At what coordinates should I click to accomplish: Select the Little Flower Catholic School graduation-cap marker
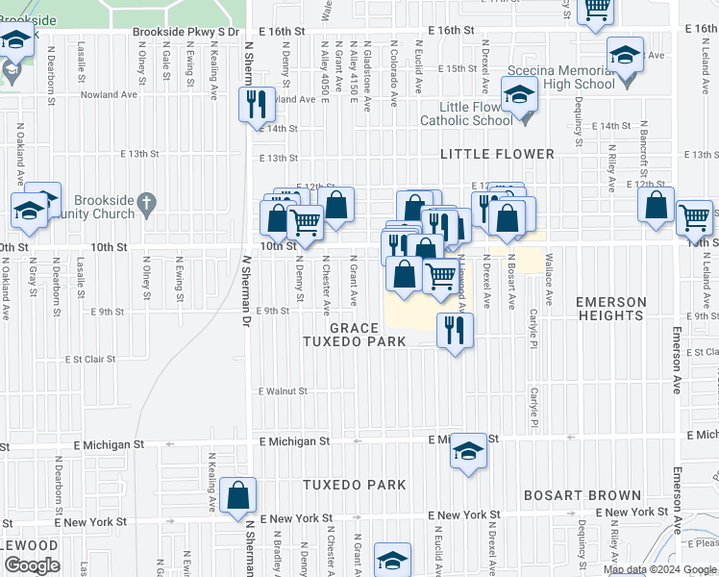pos(520,97)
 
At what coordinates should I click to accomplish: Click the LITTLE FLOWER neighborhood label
pos(497,154)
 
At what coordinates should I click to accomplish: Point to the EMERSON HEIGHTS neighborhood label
pos(609,309)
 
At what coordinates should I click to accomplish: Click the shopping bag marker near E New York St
pos(237,497)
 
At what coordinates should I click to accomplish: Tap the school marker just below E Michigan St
pos(467,450)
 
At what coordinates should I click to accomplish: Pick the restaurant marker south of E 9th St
pos(454,330)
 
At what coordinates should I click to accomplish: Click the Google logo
pos(31,565)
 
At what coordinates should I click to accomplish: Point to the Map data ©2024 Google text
pos(660,569)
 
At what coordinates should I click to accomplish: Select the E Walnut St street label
pos(282,391)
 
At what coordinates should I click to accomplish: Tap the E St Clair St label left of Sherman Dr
pos(89,359)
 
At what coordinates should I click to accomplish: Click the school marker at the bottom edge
pos(392,560)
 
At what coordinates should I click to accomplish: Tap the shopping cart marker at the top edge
pos(597,7)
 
